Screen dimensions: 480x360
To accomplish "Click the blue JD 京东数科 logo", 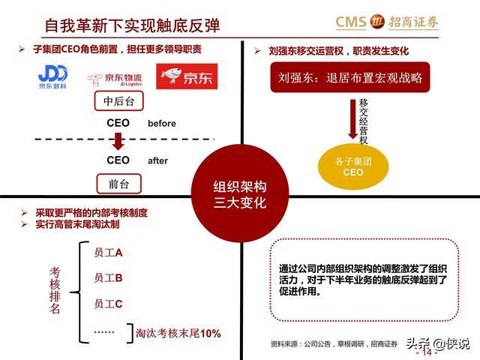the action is coord(52,76).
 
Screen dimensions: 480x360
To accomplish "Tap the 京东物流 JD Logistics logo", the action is coord(115,79).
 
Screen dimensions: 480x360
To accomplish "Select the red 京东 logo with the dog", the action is coord(187,76).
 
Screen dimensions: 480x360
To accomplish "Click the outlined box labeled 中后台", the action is coord(118,100).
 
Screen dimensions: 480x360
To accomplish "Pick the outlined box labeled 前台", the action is coord(118,184).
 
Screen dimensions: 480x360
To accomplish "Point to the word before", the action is coord(162,123).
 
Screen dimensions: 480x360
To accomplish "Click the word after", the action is coord(157,160).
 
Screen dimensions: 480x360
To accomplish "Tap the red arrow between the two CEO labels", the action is coord(118,141).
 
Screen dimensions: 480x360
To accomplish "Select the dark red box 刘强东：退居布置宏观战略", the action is coord(350,77).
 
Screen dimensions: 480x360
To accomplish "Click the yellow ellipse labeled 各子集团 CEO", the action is coord(353,166).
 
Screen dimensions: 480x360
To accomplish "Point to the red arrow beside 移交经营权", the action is coord(353,119).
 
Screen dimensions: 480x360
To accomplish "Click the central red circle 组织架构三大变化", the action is coord(240,193).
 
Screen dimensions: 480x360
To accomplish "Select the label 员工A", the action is coord(108,253).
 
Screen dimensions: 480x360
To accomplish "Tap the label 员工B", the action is coord(108,277).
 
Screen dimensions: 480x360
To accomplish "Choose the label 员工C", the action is coord(108,304).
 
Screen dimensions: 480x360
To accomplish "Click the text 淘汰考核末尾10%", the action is coord(178,333).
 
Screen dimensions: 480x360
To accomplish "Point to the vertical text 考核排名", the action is coord(55,290).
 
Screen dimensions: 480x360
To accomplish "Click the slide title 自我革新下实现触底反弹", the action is coord(132,25).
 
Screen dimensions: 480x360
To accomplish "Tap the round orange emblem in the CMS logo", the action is coord(376,22).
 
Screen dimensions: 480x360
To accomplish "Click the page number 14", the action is coord(427,352).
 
